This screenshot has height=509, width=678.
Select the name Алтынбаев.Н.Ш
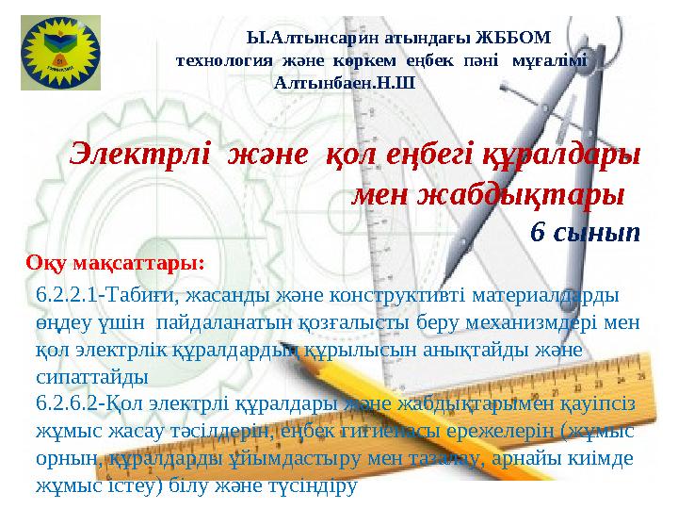[x=343, y=82]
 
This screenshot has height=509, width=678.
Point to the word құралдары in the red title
[x=559, y=154]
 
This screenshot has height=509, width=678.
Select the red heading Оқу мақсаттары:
[x=116, y=260]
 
